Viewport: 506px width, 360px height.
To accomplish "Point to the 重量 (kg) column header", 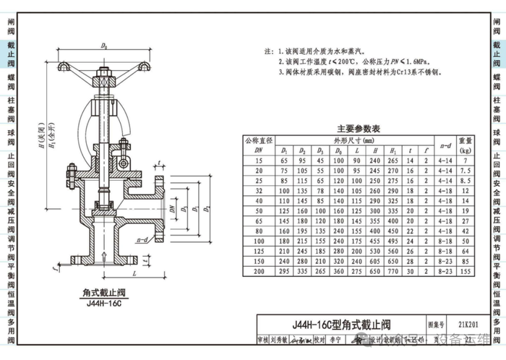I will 466,145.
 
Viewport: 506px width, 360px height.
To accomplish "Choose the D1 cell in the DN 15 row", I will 284,160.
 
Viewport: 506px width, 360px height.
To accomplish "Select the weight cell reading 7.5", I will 466,171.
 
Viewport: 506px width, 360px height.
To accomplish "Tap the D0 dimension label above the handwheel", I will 104,46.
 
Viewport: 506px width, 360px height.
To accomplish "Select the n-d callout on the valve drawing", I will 141,239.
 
